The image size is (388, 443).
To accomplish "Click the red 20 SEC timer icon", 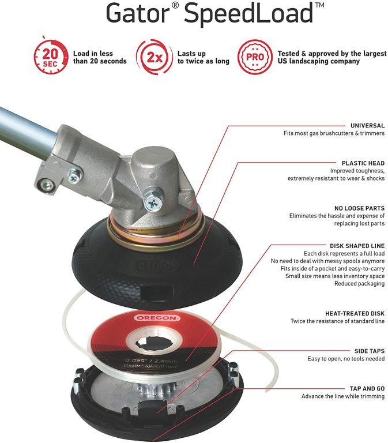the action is click(51, 57).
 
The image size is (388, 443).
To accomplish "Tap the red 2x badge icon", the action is click(154, 57).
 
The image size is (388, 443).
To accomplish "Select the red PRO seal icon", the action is click(255, 57).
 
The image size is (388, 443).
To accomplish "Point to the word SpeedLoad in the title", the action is click(248, 14).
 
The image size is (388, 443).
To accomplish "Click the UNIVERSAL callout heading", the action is click(367, 125).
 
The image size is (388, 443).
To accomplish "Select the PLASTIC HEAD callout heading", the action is click(363, 163).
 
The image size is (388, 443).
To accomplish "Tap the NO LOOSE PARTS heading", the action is click(360, 208).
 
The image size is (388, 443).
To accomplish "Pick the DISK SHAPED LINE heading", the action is click(357, 246).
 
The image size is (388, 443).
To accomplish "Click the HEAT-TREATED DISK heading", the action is click(355, 313).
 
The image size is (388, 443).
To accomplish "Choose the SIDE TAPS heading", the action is click(370, 351).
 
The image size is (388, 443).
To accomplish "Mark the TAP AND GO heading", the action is click(367, 388).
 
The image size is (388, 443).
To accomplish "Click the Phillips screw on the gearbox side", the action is click(153, 203).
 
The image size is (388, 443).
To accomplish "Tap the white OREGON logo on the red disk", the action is click(157, 318).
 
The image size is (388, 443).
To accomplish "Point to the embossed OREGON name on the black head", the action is click(157, 266).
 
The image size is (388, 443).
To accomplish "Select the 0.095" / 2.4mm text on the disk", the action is click(152, 361).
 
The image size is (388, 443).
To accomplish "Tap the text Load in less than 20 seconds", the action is click(100, 57).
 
